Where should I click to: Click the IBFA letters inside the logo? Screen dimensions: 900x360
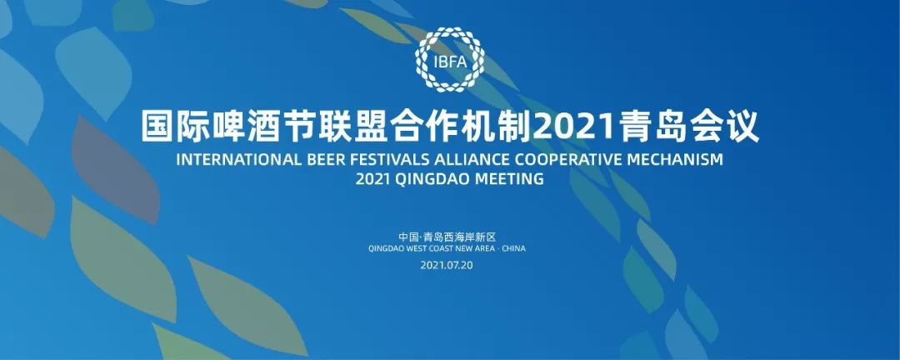click(450, 61)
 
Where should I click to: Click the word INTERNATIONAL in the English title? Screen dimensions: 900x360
click(237, 160)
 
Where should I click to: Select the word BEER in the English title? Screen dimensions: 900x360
click(327, 160)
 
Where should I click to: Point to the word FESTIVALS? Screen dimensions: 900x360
click(393, 160)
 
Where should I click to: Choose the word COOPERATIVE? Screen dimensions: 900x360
click(565, 160)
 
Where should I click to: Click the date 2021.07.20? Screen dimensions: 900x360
click(446, 265)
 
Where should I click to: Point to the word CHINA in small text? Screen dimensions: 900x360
click(513, 248)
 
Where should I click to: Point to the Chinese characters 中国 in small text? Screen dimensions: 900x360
click(408, 236)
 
